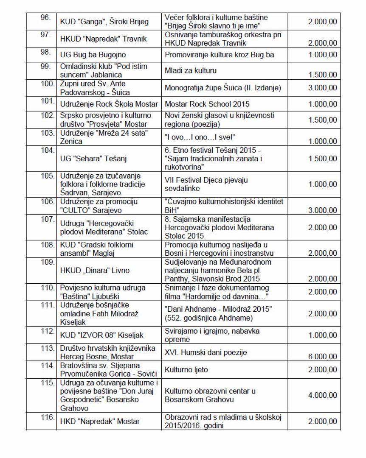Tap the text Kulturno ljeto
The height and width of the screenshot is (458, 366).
[x=186, y=370]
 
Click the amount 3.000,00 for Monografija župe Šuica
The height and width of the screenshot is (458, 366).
[x=321, y=88]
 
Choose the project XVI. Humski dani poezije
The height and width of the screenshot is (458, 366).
[x=206, y=352]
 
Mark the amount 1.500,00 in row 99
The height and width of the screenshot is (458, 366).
[x=321, y=75]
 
